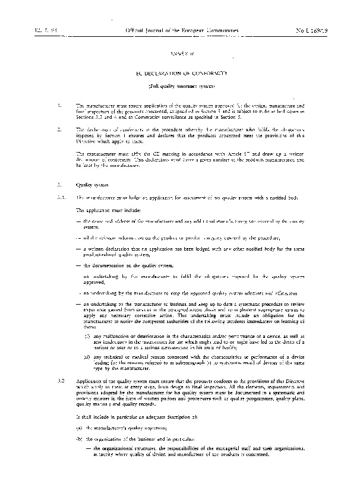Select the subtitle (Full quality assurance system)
coord(180,86)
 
